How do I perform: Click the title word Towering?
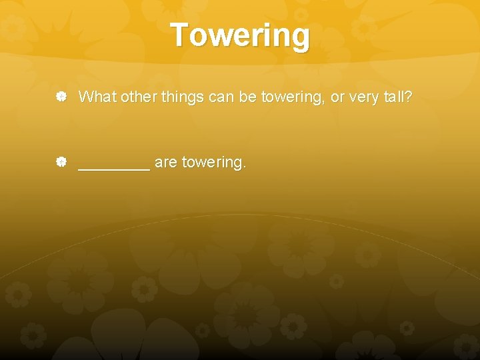point(240,35)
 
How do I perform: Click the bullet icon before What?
point(61,97)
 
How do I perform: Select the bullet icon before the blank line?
point(61,162)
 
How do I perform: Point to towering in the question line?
point(291,98)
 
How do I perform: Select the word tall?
point(396,97)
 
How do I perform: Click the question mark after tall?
point(409,97)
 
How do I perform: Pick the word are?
point(166,163)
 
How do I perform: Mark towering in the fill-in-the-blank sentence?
point(211,163)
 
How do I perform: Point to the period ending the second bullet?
point(245,167)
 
